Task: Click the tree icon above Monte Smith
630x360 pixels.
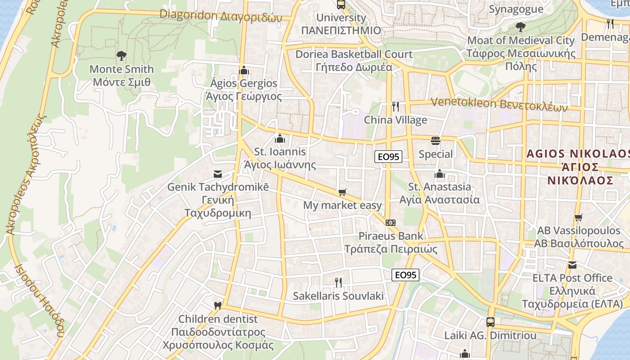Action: (x=121, y=56)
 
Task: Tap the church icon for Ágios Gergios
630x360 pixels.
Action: (x=244, y=70)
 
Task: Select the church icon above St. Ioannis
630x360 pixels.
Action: (x=280, y=139)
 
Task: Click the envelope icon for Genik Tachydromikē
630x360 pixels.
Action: (x=218, y=174)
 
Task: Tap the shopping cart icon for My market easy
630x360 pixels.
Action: (x=342, y=193)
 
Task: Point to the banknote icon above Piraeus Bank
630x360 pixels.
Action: (x=391, y=223)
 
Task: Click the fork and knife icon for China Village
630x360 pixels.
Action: (x=396, y=107)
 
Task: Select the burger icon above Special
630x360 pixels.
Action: (x=435, y=141)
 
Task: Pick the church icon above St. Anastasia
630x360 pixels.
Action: (x=440, y=174)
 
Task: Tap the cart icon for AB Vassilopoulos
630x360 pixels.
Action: (x=579, y=218)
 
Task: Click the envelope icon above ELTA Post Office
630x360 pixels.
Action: (x=572, y=265)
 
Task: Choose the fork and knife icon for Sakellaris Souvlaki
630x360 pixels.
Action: (x=338, y=283)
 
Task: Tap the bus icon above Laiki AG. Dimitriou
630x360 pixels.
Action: (x=490, y=322)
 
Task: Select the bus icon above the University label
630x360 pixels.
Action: (x=341, y=5)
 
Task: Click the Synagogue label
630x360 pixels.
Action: (x=516, y=9)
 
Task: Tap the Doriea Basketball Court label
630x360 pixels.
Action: (x=354, y=54)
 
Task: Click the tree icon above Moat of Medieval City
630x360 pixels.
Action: (x=521, y=27)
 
